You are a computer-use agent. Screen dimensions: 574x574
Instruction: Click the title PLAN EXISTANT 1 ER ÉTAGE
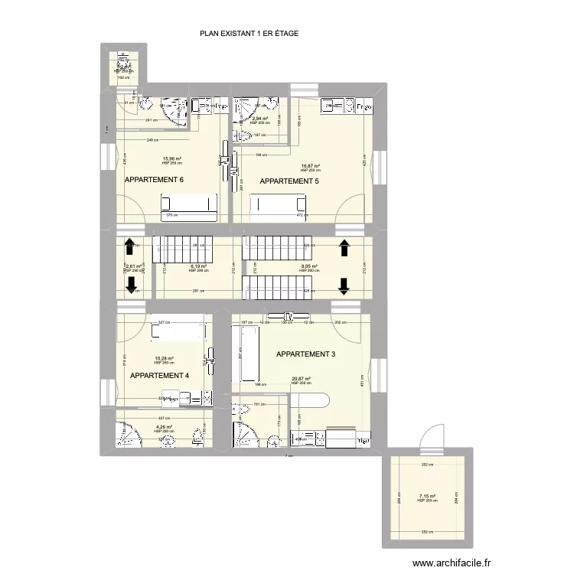pyautogui.click(x=249, y=34)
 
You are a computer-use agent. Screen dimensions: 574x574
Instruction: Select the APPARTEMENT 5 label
pyautogui.click(x=289, y=181)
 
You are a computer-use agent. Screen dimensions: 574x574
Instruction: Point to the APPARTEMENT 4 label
pyautogui.click(x=159, y=376)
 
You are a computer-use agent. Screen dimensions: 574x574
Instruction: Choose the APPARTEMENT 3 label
pyautogui.click(x=305, y=354)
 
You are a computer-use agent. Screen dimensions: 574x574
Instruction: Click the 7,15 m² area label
pyautogui.click(x=427, y=496)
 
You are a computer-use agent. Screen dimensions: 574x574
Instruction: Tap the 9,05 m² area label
pyautogui.click(x=308, y=266)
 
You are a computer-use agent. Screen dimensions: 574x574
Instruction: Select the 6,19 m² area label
pyautogui.click(x=197, y=266)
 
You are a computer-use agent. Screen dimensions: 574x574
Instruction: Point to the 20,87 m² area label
pyautogui.click(x=301, y=378)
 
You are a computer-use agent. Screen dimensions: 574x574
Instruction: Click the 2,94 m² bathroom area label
pyautogui.click(x=260, y=119)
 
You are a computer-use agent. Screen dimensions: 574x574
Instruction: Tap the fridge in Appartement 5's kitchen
pyautogui.click(x=366, y=106)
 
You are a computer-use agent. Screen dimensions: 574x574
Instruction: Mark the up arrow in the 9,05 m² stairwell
pyautogui.click(x=344, y=246)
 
